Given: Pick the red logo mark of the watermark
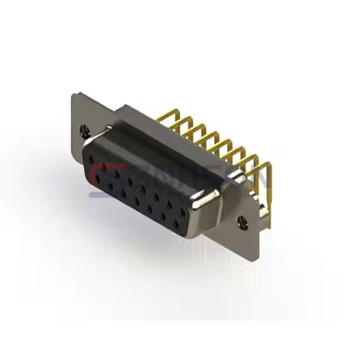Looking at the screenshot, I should [99, 174].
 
